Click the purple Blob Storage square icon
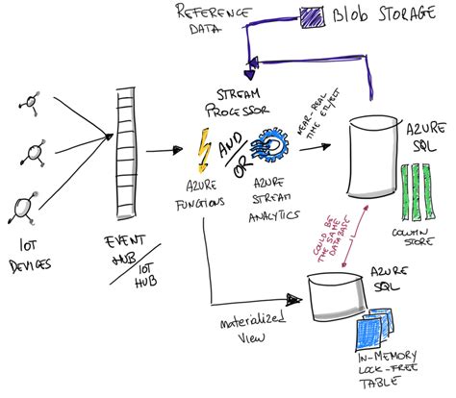pos(311,16)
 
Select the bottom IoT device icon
pos(27,204)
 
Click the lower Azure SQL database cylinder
pos(334,295)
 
